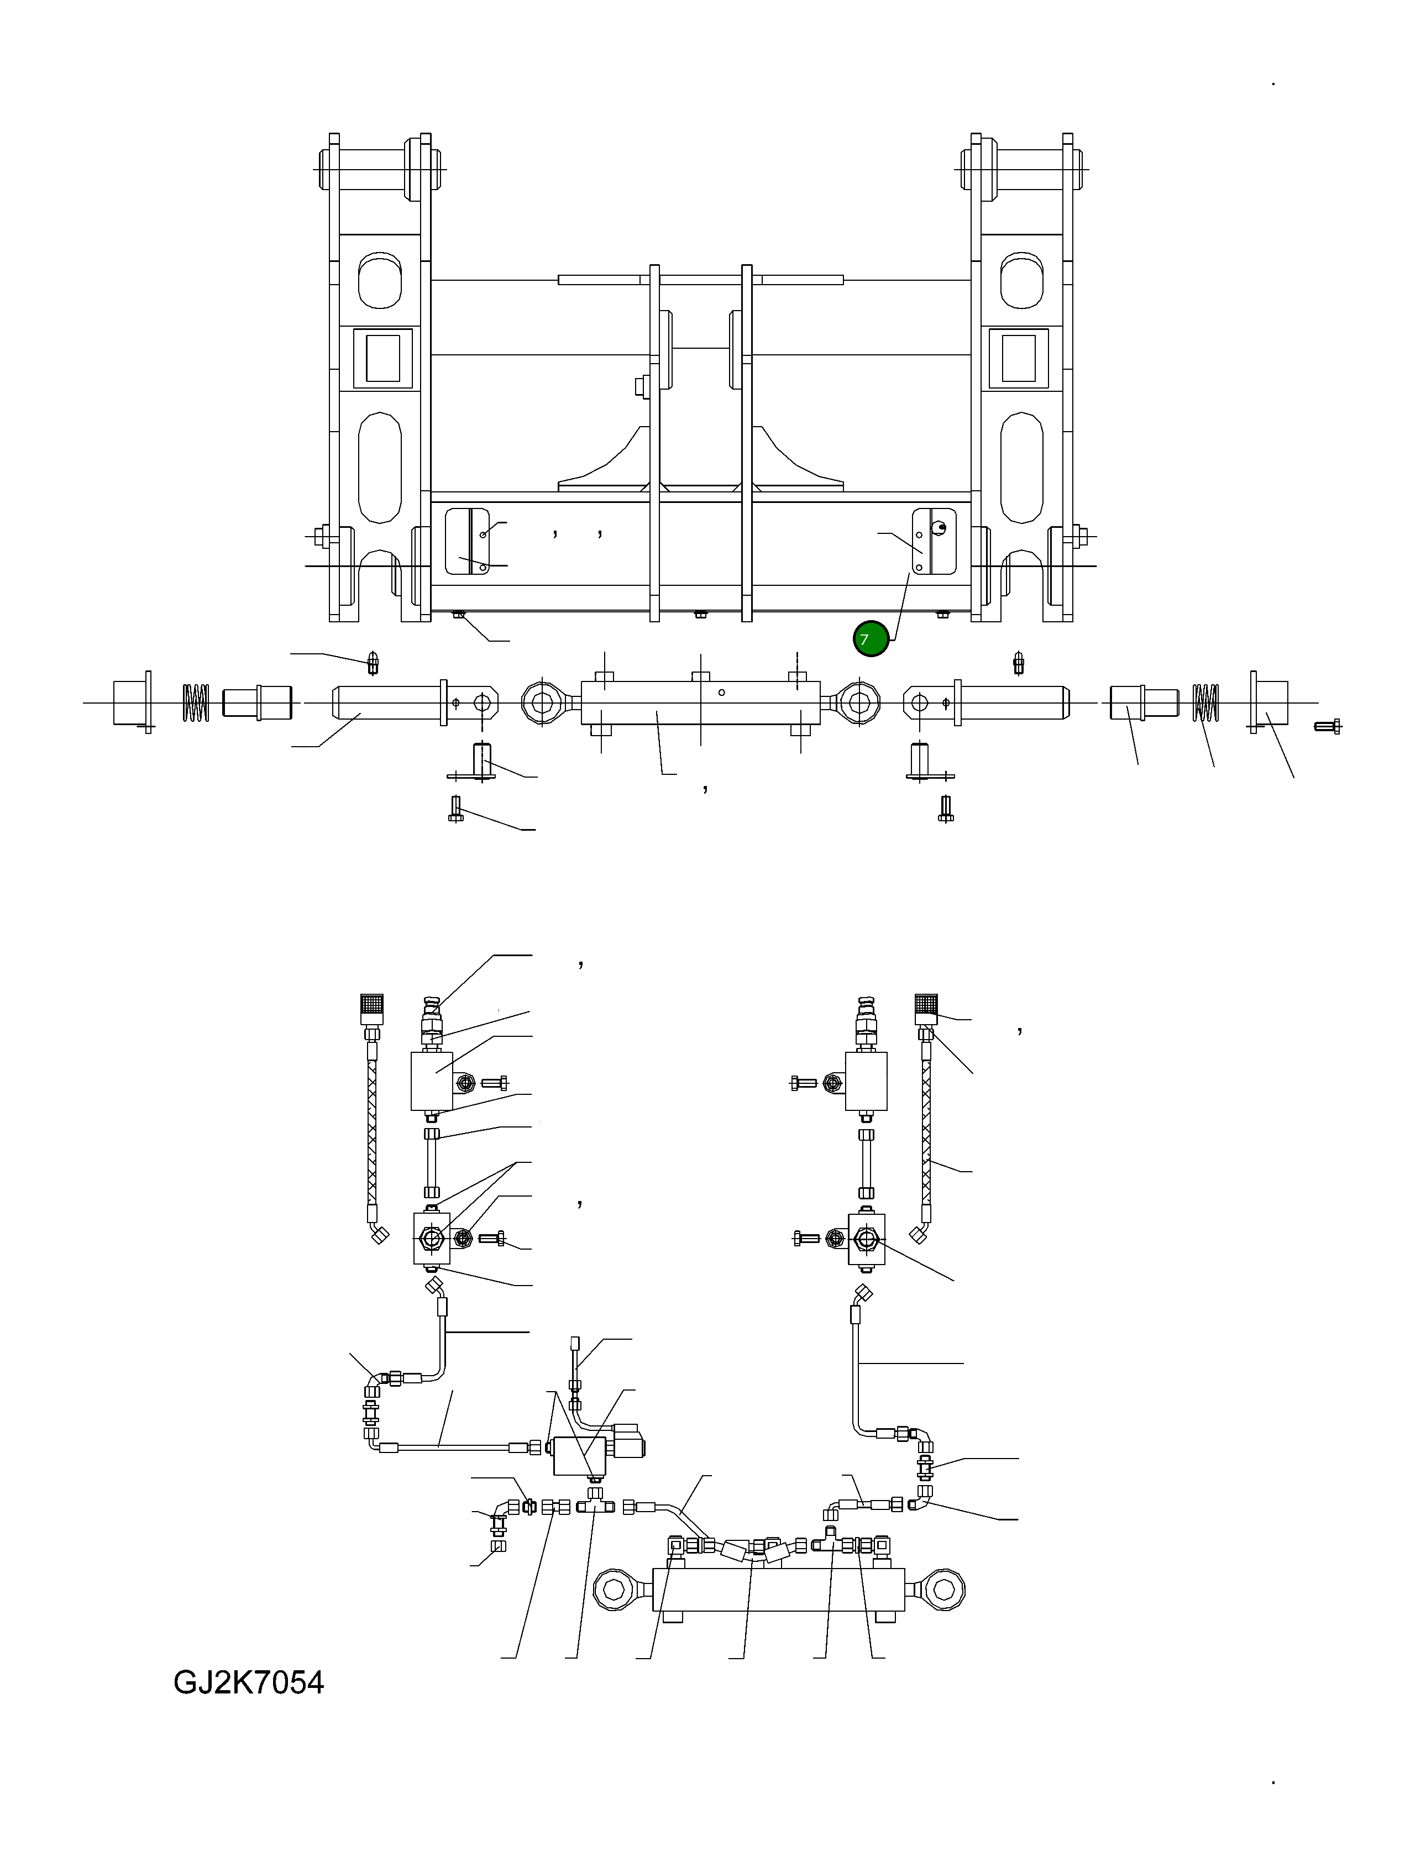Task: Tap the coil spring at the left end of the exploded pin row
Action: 196,702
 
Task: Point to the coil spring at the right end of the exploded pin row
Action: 1205,702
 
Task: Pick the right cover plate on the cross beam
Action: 934,542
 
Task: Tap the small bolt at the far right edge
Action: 1328,726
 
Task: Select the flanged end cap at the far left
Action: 132,702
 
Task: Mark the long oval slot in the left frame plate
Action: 379,469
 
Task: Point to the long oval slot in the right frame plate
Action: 1021,469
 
